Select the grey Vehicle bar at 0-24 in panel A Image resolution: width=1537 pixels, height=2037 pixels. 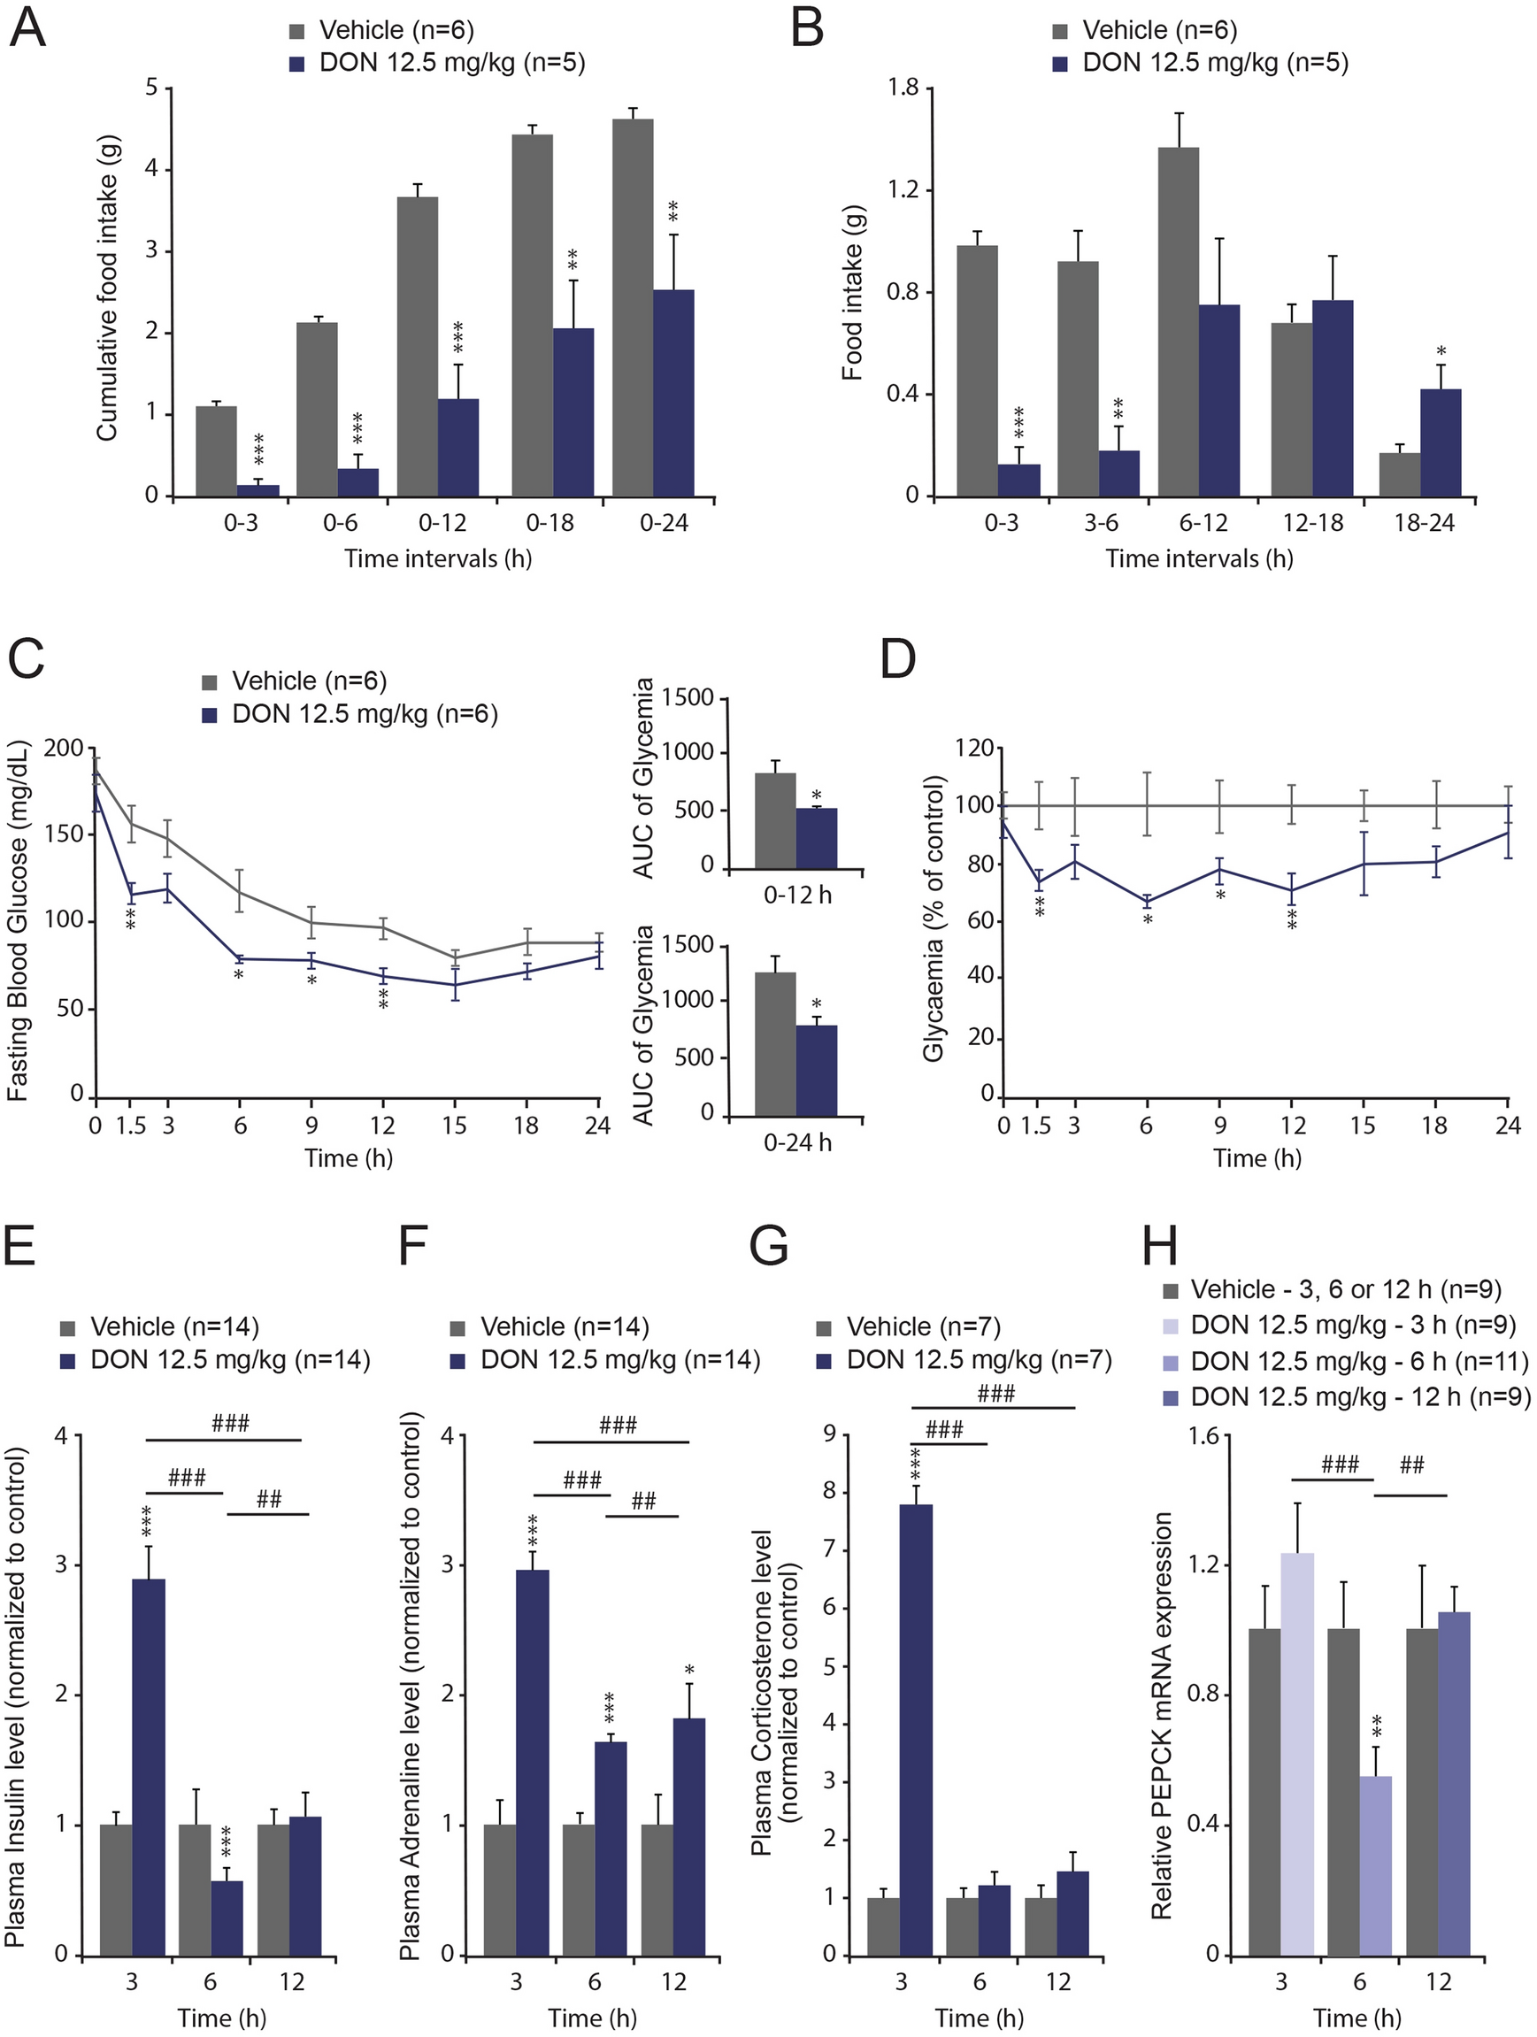point(633,308)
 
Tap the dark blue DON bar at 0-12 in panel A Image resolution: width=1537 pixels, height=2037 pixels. point(457,448)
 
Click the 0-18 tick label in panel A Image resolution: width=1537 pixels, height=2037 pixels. point(549,523)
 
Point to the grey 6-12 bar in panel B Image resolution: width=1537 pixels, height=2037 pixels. point(1179,321)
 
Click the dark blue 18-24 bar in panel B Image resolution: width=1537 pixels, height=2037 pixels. point(1441,443)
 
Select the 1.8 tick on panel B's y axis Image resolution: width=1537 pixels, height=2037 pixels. point(903,88)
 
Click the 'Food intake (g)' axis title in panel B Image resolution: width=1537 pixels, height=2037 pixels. point(852,293)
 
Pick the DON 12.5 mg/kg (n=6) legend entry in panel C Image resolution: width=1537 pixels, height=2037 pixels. point(364,714)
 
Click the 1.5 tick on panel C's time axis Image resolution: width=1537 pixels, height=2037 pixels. point(131,1126)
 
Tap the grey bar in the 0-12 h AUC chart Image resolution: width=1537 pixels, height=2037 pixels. point(774,820)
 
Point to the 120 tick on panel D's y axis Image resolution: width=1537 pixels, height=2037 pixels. point(974,748)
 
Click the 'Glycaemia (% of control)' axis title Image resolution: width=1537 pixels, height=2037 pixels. point(934,919)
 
